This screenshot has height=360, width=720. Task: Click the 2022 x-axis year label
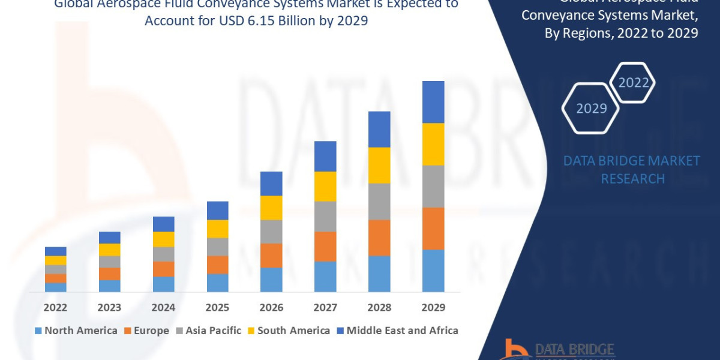pos(55,307)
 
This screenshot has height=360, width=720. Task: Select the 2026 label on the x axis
pos(271,307)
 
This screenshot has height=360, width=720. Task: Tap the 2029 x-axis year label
pos(433,307)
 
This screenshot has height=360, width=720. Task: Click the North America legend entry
pos(76,331)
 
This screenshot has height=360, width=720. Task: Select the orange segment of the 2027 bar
pos(325,247)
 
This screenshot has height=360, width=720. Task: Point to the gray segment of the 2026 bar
pos(271,232)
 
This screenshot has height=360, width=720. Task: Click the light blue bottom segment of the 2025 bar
pos(217,283)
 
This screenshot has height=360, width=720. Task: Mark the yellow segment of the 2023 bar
pos(109,250)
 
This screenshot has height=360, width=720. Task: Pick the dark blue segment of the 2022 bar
pos(55,251)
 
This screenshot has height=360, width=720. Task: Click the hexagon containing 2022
pos(633,83)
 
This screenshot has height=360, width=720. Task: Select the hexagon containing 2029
pos(591,109)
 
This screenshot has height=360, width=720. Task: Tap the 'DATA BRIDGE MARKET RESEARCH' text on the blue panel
pos(632,170)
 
